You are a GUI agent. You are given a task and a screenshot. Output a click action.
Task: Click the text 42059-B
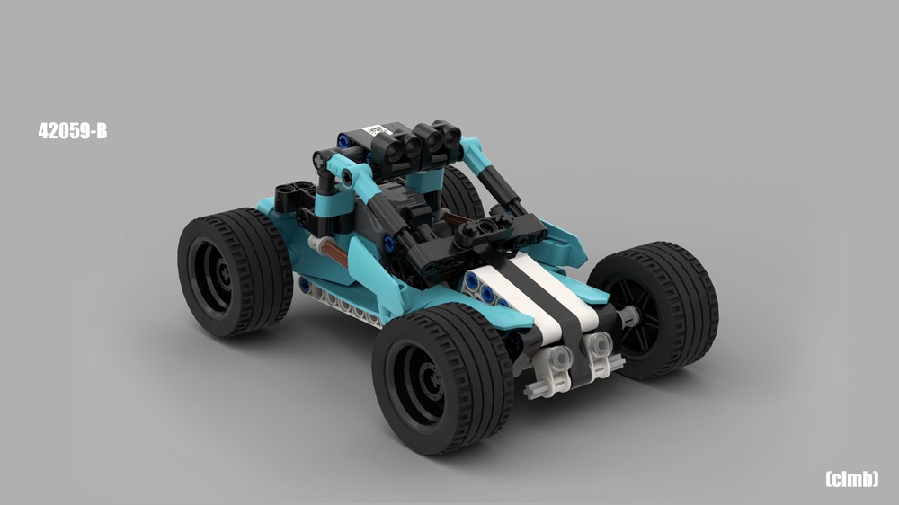pyautogui.click(x=73, y=131)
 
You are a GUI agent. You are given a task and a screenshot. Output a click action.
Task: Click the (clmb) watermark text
pyautogui.click(x=851, y=479)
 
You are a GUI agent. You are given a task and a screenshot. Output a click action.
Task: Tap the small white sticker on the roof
pyautogui.click(x=376, y=130)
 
